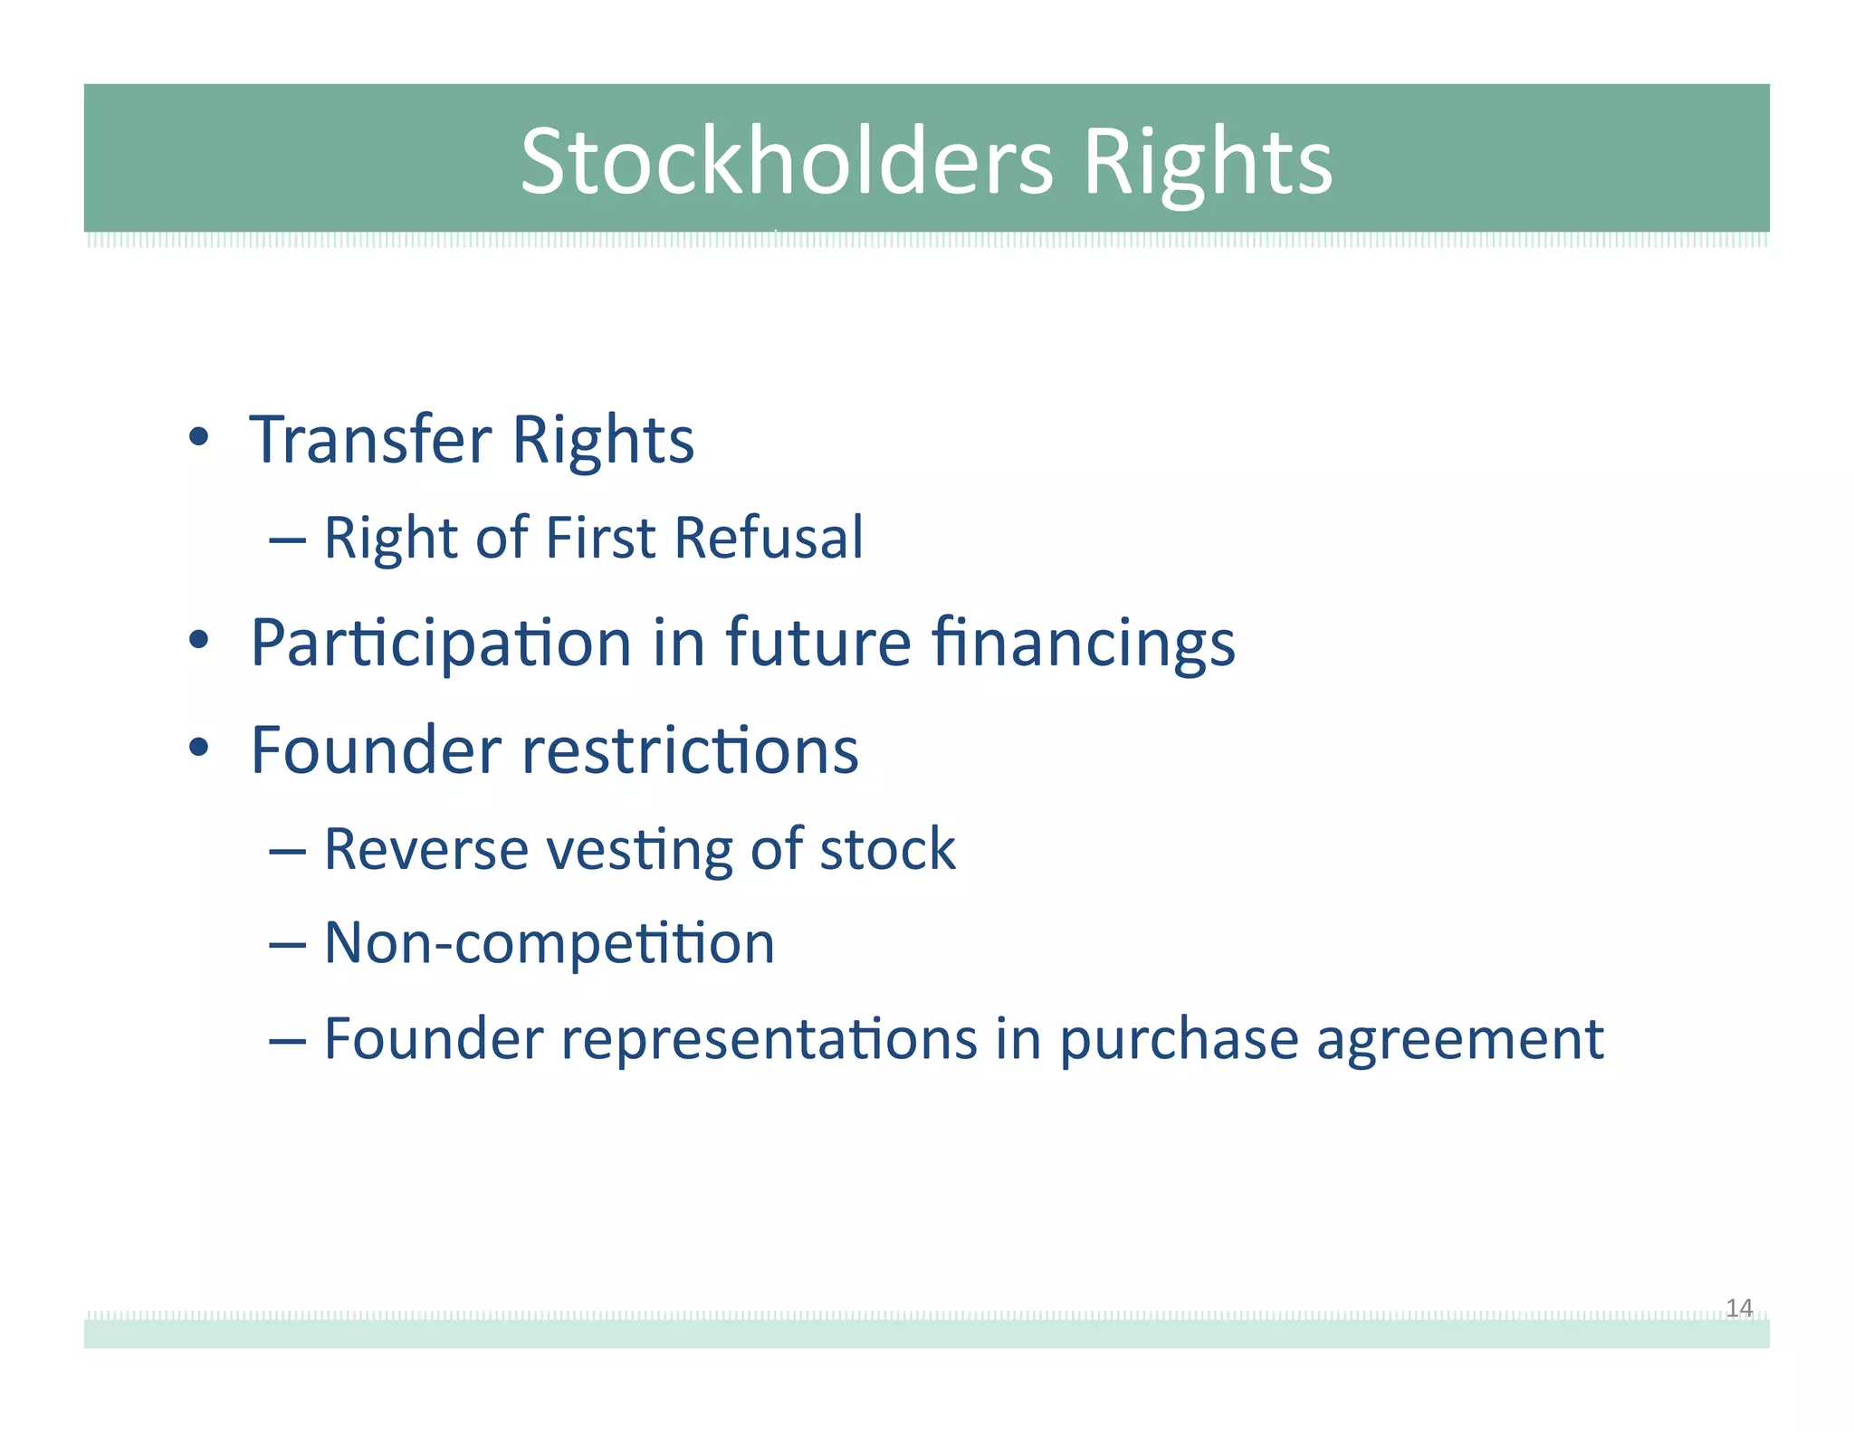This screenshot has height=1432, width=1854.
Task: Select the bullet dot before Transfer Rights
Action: tap(199, 438)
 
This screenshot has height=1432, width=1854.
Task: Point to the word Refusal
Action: tap(769, 538)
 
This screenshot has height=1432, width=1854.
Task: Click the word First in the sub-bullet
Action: tap(600, 538)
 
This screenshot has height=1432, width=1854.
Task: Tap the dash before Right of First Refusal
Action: tap(287, 540)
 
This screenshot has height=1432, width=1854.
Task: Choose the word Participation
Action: tap(441, 644)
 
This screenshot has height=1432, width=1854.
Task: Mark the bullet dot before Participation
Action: tap(199, 641)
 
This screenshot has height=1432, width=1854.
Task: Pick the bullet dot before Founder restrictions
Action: tap(199, 749)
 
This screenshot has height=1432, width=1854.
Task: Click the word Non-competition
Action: tap(550, 943)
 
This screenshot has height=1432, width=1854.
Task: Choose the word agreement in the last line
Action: tap(1459, 1041)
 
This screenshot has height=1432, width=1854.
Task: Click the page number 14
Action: tap(1738, 1307)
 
